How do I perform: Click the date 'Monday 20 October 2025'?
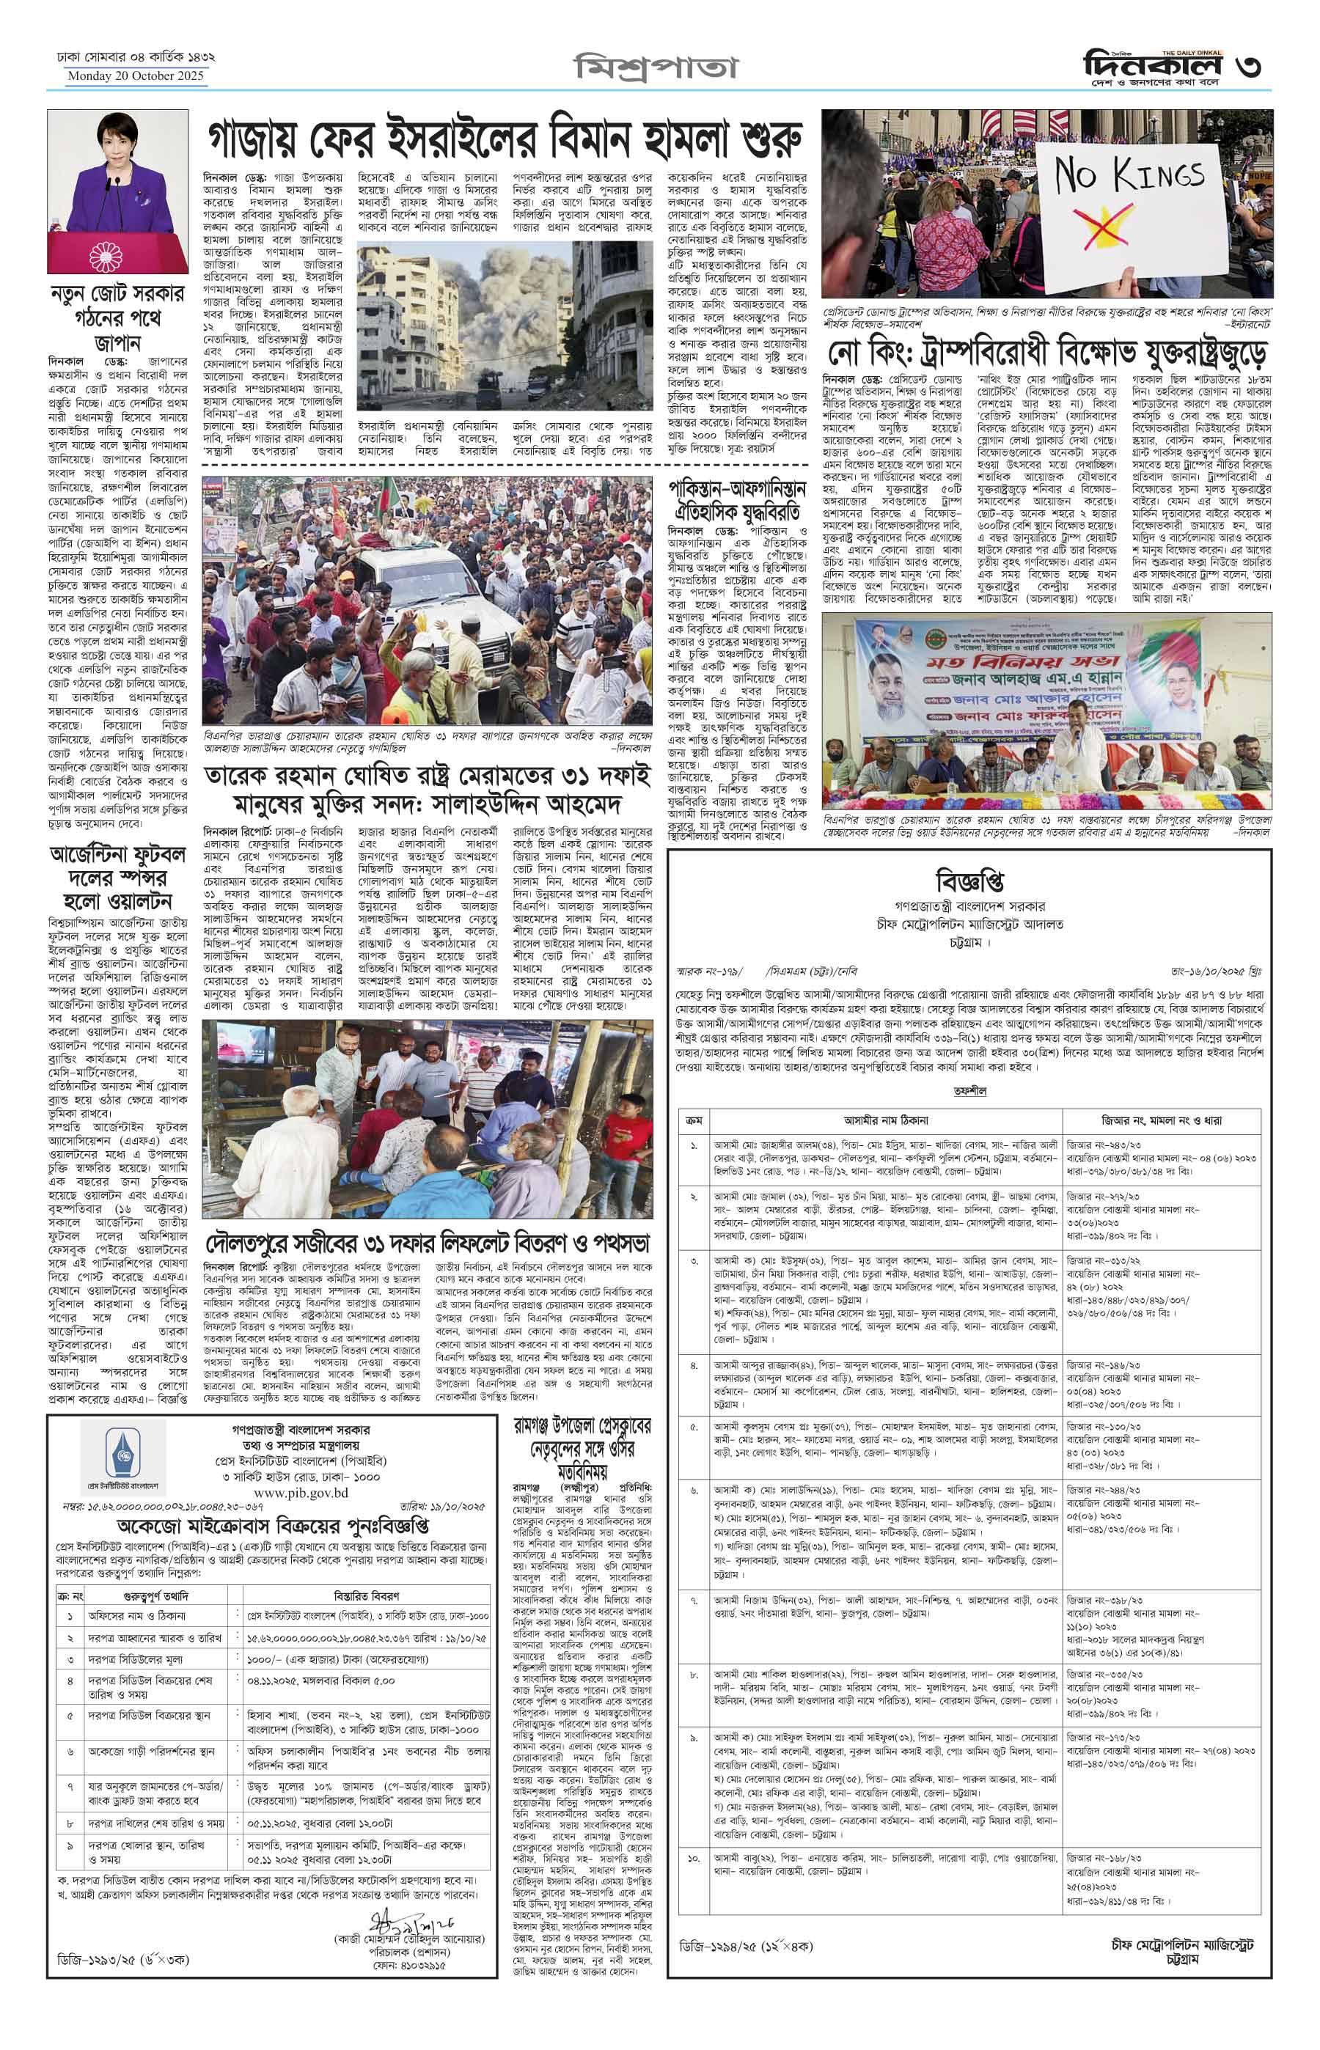coord(137,76)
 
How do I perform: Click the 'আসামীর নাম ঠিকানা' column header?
coord(883,1120)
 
